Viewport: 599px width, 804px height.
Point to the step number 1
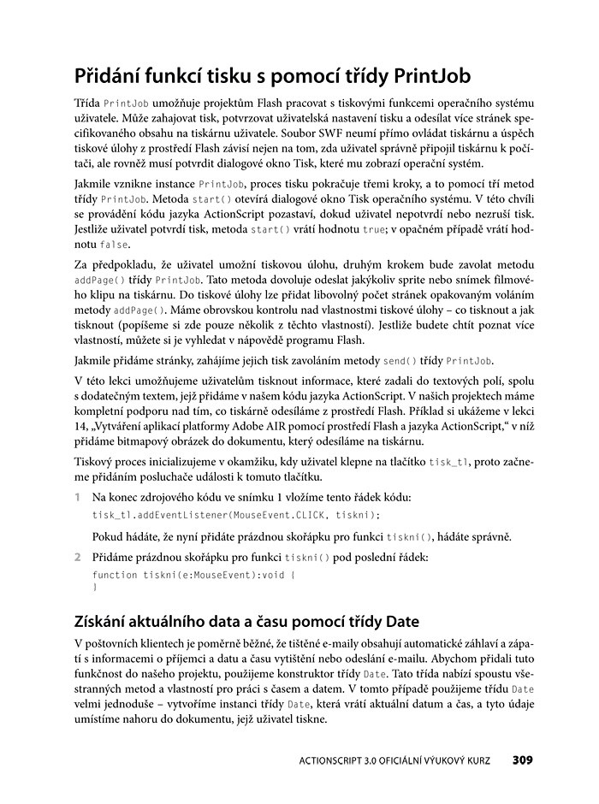[x=78, y=497]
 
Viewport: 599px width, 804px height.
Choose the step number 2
[x=78, y=557]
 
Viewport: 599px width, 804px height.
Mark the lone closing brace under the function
[x=94, y=588]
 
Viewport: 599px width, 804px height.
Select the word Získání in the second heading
[x=110, y=619]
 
